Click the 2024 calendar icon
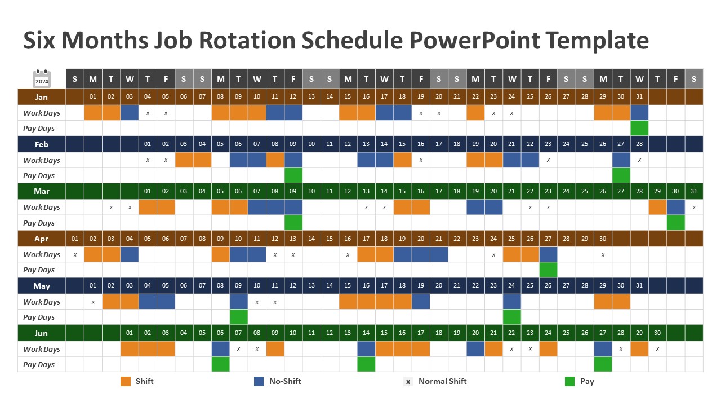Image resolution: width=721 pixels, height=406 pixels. (x=42, y=79)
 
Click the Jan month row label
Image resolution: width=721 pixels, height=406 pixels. (x=41, y=97)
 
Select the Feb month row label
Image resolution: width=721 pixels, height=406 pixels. (x=41, y=144)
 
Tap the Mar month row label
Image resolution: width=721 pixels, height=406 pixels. (x=41, y=191)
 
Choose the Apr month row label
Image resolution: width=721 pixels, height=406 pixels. (x=41, y=239)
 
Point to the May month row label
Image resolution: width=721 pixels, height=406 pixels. (x=41, y=286)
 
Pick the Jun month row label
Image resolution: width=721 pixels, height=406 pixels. (x=41, y=333)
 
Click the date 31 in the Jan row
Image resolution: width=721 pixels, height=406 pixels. (x=639, y=97)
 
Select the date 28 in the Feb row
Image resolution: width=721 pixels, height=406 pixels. (x=639, y=144)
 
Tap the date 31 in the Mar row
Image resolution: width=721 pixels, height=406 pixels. (x=693, y=191)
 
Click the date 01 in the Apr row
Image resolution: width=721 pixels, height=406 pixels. (x=75, y=239)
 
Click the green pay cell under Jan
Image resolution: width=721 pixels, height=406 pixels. (x=639, y=129)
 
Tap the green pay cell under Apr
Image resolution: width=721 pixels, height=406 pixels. (x=548, y=270)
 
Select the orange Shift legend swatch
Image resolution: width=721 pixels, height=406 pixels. (x=126, y=382)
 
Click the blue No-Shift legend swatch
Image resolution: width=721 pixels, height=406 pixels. (x=259, y=382)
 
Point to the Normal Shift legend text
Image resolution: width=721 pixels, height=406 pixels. (x=442, y=382)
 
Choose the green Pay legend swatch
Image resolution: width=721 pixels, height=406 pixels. (x=570, y=382)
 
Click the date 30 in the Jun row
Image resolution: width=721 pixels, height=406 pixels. (x=657, y=333)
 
